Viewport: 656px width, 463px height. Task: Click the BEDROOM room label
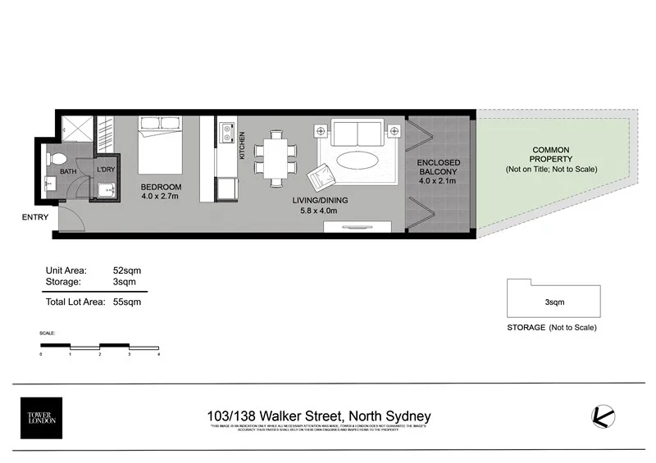coord(161,188)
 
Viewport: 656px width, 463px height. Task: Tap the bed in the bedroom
coord(160,148)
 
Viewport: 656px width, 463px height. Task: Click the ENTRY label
coord(35,217)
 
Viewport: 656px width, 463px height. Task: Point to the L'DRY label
coord(105,170)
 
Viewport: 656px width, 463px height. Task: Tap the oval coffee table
coord(357,160)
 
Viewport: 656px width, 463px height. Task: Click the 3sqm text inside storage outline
coord(554,302)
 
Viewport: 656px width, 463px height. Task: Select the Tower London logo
coord(41,418)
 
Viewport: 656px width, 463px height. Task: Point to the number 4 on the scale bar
coord(157,354)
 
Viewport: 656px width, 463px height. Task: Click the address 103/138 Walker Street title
coord(319,415)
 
